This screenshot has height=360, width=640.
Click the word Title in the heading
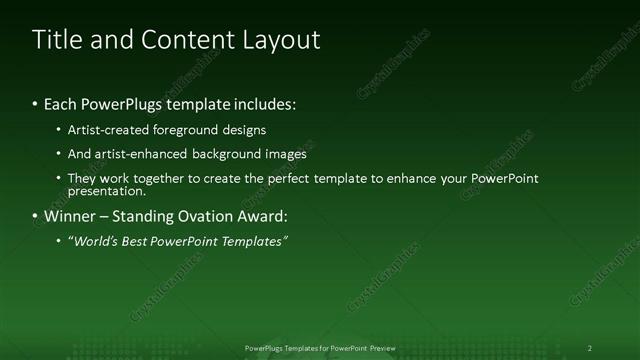point(56,40)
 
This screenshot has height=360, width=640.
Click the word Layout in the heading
point(282,40)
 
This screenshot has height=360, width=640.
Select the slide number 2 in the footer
point(589,348)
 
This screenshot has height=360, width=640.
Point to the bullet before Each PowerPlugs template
point(35,104)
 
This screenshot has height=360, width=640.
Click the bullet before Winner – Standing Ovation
point(35,216)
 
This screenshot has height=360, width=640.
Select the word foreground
point(206,130)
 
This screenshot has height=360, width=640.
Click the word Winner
point(69,216)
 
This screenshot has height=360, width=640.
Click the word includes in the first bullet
point(265,104)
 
